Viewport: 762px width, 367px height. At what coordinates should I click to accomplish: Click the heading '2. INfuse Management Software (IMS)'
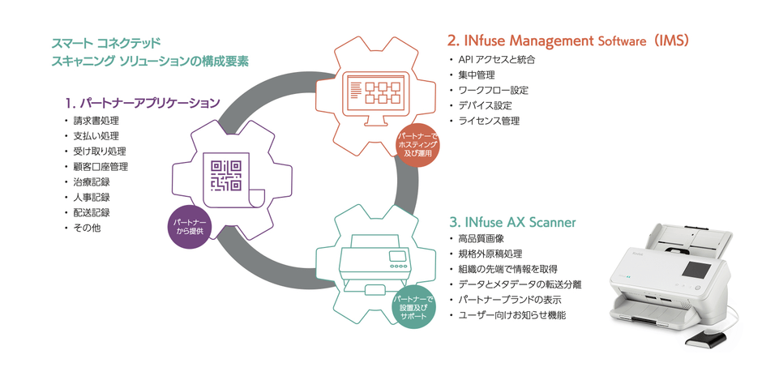pyautogui.click(x=568, y=40)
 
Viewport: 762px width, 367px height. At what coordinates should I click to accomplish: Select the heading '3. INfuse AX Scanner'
pyautogui.click(x=512, y=220)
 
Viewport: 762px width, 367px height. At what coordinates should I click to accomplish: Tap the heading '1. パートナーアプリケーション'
pyautogui.click(x=143, y=103)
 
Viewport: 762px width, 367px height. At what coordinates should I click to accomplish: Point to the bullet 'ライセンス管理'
pyautogui.click(x=489, y=121)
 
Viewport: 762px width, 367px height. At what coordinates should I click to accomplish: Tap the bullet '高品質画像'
pyautogui.click(x=482, y=239)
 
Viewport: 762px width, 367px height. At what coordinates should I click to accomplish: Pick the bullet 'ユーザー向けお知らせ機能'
pyautogui.click(x=512, y=314)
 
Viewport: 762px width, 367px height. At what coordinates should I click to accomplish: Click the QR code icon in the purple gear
pyautogui.click(x=226, y=174)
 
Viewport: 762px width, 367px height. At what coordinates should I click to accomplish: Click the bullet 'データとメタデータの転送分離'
pyautogui.click(x=520, y=284)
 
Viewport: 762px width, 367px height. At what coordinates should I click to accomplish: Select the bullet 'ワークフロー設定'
pyautogui.click(x=493, y=90)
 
